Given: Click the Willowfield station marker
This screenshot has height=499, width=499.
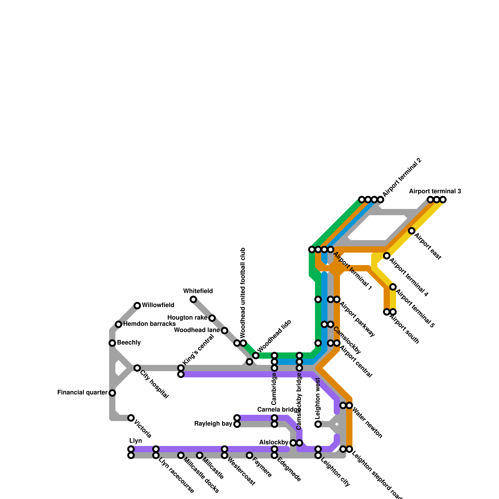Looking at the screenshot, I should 137,306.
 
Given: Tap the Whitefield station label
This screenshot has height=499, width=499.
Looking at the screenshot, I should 198,291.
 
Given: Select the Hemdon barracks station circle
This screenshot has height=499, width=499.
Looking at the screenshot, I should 119,324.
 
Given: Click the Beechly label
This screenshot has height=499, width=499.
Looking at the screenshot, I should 129,343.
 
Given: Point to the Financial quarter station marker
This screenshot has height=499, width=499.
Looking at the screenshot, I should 112,393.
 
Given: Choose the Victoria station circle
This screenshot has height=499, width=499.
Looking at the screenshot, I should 131,418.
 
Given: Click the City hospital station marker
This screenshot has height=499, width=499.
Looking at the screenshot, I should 137,368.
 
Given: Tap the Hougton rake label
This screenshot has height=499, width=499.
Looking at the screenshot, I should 187,318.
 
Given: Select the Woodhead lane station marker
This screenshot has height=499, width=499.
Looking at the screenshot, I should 225,331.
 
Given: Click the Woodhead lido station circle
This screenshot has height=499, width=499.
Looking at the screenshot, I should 256,356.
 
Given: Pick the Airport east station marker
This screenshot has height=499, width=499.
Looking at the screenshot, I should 412,231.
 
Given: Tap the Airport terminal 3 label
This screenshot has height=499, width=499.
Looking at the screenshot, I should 435,191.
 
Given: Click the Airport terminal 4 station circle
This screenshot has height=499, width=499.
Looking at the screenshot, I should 387,256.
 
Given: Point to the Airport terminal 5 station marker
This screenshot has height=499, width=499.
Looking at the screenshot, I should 393,287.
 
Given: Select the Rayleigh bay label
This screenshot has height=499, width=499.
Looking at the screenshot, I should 213,424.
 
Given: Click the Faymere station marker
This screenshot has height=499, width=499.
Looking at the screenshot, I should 249,455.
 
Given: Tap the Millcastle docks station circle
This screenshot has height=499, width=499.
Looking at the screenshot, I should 181,455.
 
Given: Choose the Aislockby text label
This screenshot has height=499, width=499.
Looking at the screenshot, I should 274,443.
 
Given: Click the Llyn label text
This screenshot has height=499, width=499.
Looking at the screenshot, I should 136,441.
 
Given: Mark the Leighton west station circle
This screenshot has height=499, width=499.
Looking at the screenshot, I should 318,424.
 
